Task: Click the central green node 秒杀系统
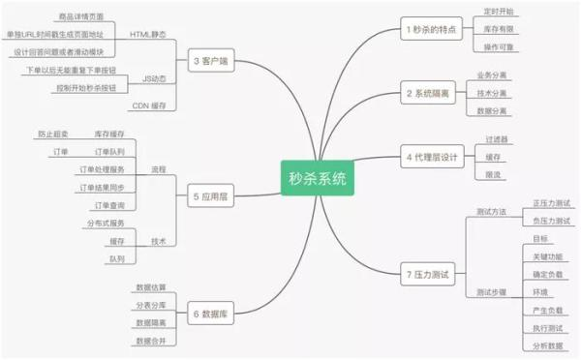(317, 177)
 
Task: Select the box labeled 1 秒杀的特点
(429, 29)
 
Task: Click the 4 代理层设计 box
(431, 156)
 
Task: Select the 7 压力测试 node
(427, 274)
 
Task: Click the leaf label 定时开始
(500, 11)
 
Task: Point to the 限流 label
(494, 174)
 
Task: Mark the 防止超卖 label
(53, 134)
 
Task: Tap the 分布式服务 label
(106, 224)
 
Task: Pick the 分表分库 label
(151, 305)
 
